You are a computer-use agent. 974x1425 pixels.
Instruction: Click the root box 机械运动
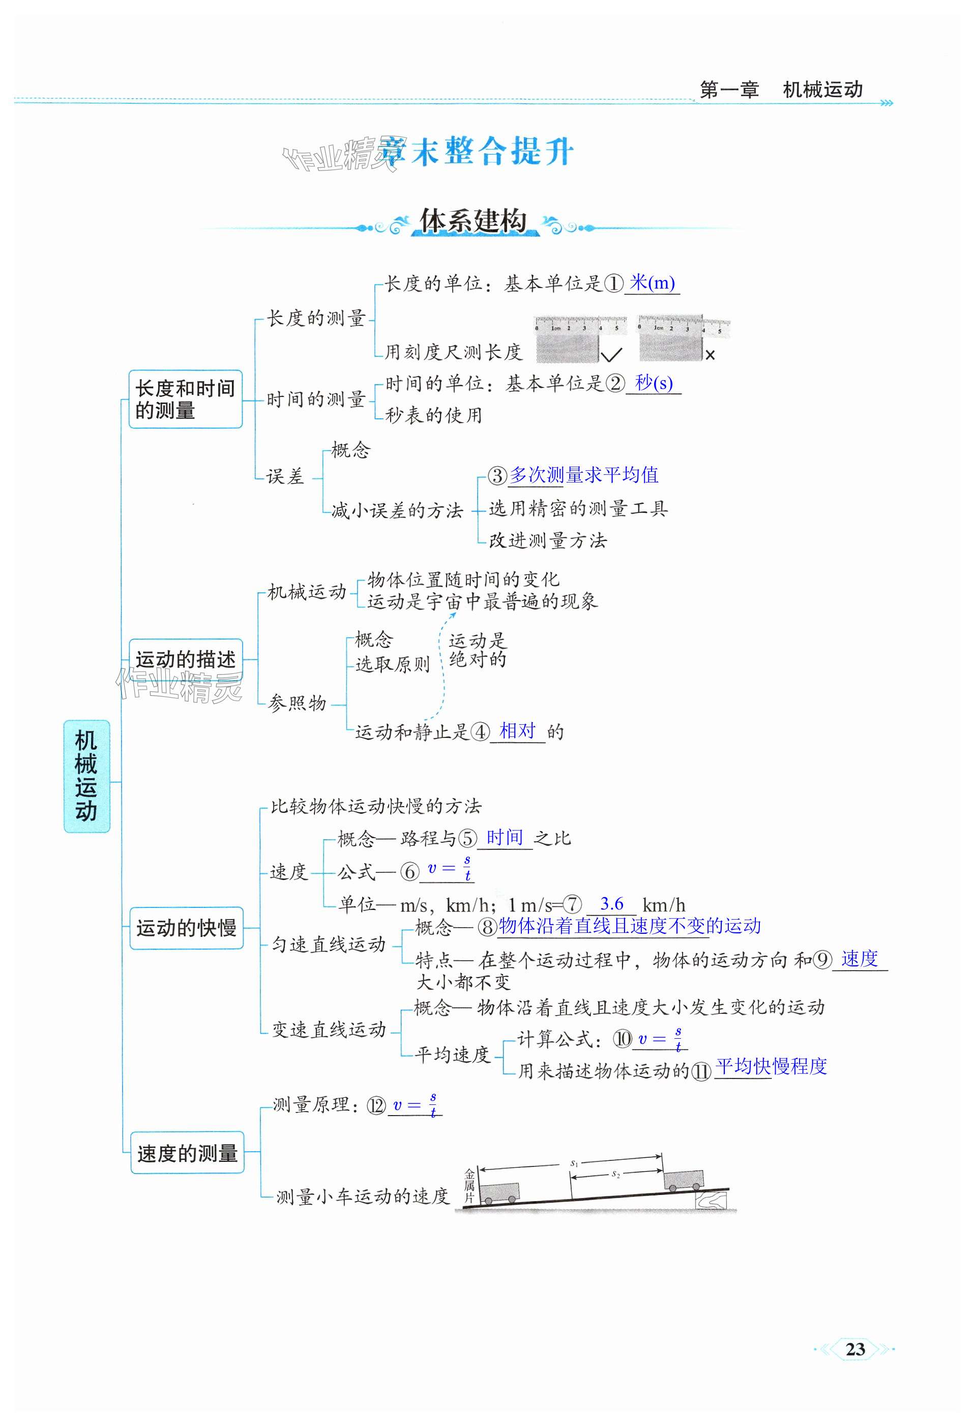(x=86, y=776)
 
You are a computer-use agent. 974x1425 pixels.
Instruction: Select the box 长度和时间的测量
(x=185, y=399)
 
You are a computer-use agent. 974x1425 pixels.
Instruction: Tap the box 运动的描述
(x=186, y=659)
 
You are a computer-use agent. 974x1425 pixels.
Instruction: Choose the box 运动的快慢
(x=186, y=928)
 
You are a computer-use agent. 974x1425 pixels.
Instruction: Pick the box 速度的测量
(x=187, y=1153)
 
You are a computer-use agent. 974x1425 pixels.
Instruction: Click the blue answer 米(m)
(x=652, y=283)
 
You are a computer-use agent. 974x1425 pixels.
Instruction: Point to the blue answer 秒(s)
(x=654, y=383)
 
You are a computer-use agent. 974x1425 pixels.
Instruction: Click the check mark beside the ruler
(x=611, y=354)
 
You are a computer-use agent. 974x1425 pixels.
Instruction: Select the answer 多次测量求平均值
(x=583, y=475)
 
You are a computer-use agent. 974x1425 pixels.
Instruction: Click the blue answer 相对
(x=517, y=731)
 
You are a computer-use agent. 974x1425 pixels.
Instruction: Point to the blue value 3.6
(x=611, y=904)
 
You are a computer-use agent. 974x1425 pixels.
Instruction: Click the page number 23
(x=854, y=1349)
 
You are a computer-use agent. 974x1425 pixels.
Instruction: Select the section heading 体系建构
(x=473, y=221)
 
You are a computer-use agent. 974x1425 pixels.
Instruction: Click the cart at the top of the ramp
(x=684, y=1179)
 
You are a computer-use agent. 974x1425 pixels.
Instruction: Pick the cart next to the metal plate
(x=499, y=1192)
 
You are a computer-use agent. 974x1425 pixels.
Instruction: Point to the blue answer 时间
(x=505, y=838)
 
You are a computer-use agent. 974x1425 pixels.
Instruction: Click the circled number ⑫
(x=376, y=1105)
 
